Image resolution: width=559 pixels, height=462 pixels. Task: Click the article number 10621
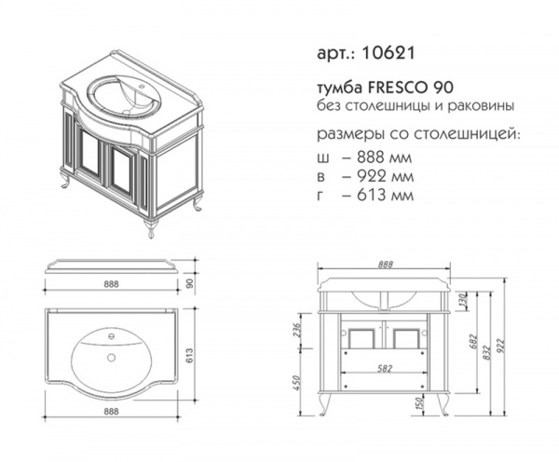click(x=389, y=53)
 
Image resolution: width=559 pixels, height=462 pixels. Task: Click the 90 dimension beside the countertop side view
click(x=190, y=283)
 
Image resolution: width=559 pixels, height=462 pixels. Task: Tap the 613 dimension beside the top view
click(x=189, y=356)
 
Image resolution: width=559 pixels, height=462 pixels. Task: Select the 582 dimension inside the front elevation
click(x=385, y=368)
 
